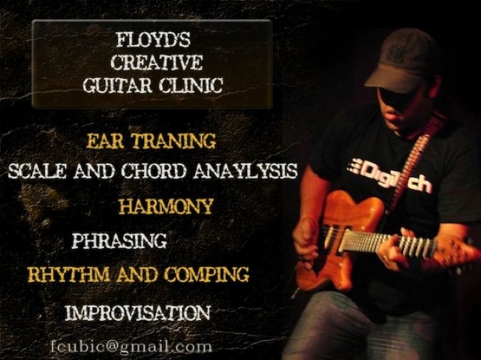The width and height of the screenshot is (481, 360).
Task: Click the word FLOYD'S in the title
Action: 153,40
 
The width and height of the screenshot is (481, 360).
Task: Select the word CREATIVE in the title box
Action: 156,62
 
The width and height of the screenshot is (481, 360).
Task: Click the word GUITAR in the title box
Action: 118,85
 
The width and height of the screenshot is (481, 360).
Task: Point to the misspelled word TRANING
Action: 173,141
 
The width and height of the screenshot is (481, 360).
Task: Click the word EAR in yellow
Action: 105,141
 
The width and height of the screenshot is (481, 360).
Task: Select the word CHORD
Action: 153,171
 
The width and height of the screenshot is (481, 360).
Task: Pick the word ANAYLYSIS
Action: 245,171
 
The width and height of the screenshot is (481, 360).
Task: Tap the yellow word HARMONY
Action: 166,206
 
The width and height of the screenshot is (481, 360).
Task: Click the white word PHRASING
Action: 119,241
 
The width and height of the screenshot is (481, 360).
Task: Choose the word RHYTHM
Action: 69,274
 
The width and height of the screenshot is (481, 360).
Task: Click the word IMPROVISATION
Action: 138,313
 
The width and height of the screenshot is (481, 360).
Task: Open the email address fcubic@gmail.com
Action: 131,346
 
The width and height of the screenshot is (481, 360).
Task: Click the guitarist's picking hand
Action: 307,239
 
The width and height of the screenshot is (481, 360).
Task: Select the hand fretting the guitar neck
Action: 398,248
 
